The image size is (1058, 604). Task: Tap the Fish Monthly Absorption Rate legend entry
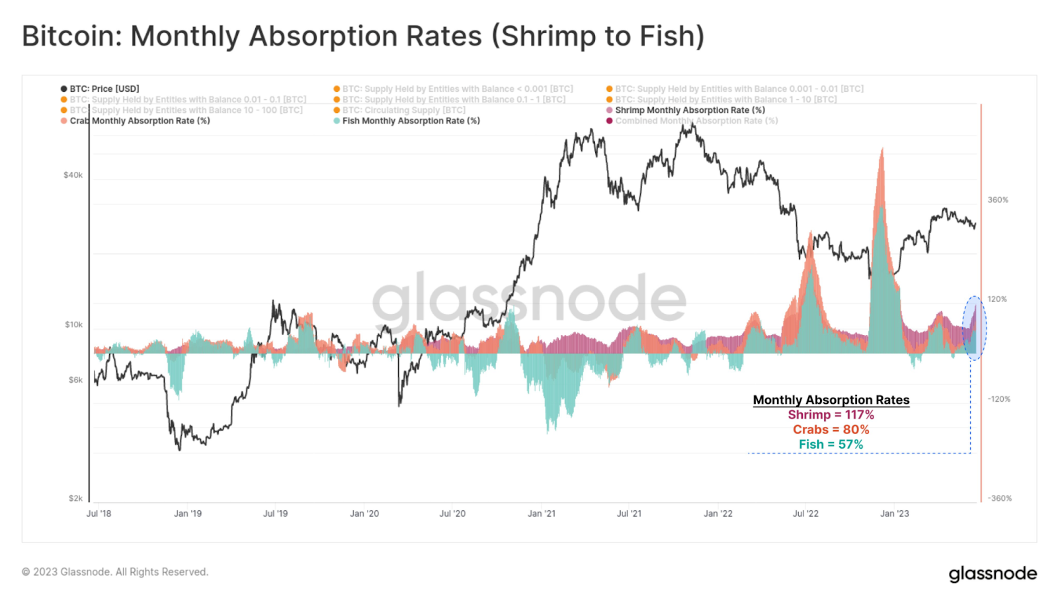pos(411,121)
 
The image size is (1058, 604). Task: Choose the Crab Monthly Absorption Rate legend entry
pos(140,121)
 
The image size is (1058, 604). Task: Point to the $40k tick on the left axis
pos(73,175)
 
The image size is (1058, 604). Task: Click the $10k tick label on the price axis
pos(73,324)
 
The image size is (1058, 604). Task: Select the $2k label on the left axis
pos(75,498)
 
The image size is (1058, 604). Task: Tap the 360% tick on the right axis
pos(998,200)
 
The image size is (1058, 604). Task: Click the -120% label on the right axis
pos(998,399)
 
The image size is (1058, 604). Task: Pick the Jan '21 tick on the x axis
pos(542,513)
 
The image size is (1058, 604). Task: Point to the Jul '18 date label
pos(99,513)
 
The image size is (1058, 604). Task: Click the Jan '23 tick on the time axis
pos(894,513)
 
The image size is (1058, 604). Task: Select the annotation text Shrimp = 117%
pos(831,415)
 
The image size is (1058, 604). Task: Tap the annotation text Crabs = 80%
pos(831,430)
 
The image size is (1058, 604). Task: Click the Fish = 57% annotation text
pos(831,445)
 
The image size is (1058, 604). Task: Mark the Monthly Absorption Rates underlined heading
pos(831,400)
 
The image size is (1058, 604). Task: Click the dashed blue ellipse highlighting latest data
pos(974,328)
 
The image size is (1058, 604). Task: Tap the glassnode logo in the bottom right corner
pos(993,574)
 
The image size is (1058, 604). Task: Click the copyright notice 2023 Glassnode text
pos(115,572)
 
